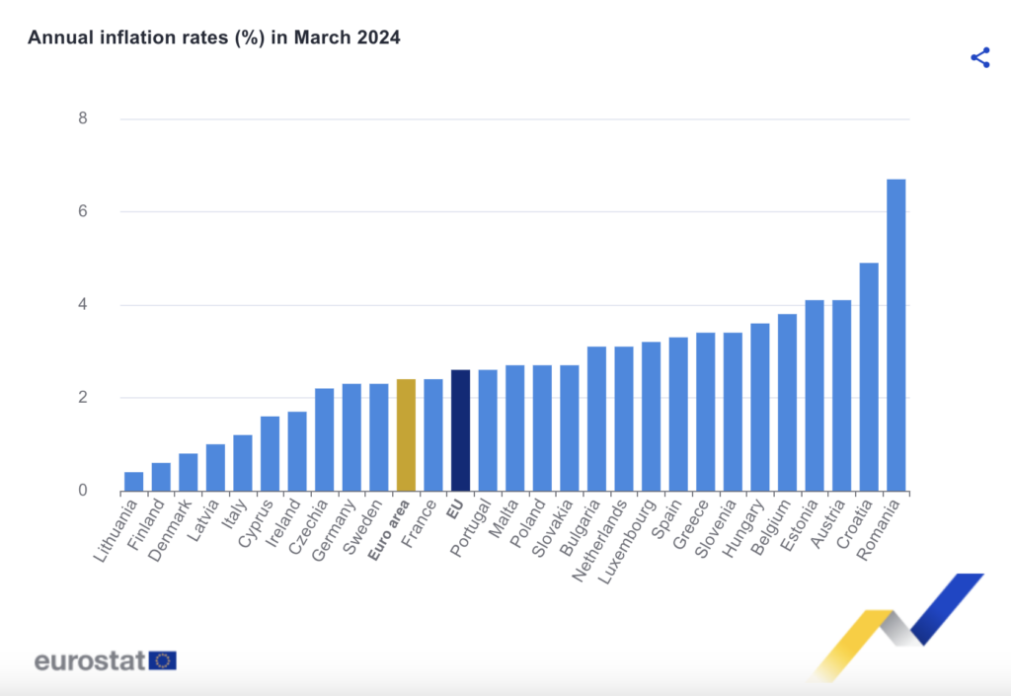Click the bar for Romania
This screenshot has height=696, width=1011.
(895, 336)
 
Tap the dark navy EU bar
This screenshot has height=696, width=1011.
(460, 430)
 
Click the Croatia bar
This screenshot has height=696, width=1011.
(869, 377)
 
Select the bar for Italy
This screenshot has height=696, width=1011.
(243, 463)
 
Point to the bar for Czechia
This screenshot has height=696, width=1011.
(324, 439)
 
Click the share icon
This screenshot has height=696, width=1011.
(979, 57)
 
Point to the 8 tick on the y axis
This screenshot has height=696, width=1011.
(83, 118)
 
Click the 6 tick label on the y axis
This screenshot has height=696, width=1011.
(83, 211)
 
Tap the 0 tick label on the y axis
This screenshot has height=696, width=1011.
(83, 491)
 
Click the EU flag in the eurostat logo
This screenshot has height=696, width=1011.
(162, 660)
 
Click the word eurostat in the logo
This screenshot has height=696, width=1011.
(90, 660)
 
